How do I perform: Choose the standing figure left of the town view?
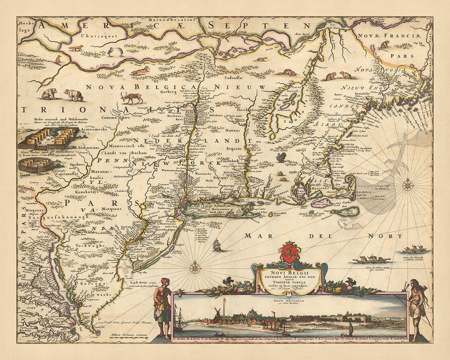[162, 304]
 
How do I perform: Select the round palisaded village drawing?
[35, 164]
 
